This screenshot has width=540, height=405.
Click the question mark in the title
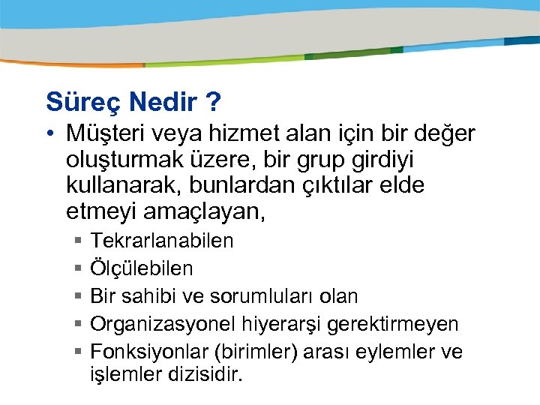[214, 100]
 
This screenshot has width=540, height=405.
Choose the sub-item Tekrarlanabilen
[162, 241]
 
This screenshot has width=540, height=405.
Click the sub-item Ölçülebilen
[142, 268]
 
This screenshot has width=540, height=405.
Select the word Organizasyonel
[163, 324]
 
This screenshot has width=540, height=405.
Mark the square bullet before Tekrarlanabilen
[79, 241]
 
